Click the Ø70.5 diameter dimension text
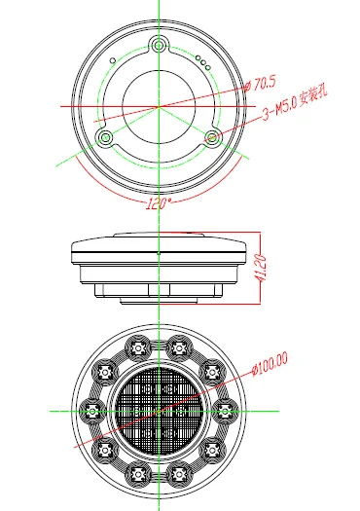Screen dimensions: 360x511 pos(260,84)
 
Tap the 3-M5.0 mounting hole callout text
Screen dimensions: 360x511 pos(295,104)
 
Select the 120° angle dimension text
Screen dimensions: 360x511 pos(158,203)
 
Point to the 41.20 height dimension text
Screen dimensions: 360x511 pos(261,268)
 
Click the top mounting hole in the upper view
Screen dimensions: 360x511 pos(159,45)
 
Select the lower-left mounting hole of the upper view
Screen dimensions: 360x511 pos(105,137)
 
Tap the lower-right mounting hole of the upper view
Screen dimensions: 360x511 pos(212,137)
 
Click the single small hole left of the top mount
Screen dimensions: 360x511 pos(113,60)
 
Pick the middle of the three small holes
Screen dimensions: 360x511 pos(203,62)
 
